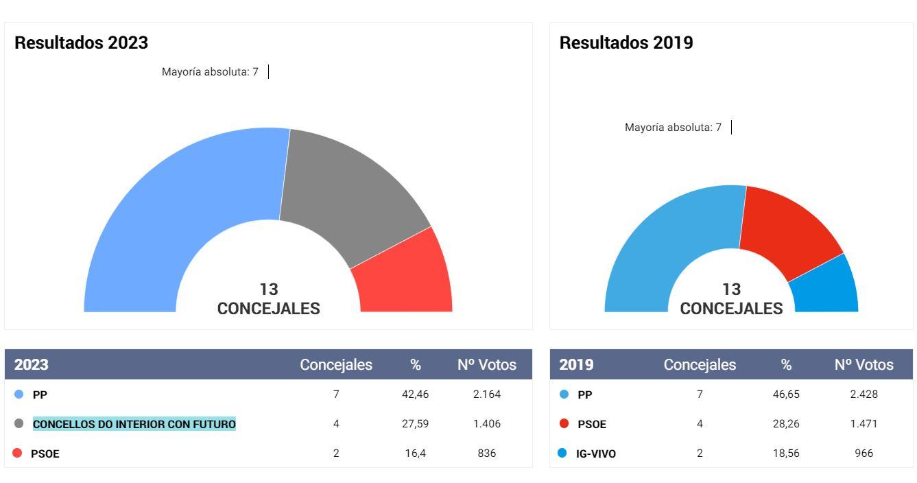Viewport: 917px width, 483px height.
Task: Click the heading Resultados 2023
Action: point(81,43)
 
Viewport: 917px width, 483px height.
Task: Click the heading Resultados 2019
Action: point(626,43)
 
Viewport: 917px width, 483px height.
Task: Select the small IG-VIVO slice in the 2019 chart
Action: point(826,288)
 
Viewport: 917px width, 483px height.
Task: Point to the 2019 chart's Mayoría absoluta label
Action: point(673,128)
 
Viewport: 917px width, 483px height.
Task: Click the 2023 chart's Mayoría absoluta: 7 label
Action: point(210,72)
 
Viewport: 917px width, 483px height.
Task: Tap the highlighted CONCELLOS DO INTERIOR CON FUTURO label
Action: point(134,424)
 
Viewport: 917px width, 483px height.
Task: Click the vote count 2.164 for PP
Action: point(487,394)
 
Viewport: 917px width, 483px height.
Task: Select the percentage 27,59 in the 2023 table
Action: point(415,424)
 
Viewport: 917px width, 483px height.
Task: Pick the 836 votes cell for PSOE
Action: point(487,453)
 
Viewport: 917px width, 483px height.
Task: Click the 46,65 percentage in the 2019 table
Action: point(786,394)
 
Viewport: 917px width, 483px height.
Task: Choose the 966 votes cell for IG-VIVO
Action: point(864,453)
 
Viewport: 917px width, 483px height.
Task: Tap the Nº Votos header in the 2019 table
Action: point(864,365)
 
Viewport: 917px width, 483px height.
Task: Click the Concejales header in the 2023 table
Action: point(336,365)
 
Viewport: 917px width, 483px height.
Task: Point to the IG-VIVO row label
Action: point(595,453)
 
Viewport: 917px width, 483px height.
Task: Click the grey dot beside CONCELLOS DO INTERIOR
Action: point(19,424)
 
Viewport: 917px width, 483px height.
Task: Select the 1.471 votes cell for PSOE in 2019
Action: point(864,424)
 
